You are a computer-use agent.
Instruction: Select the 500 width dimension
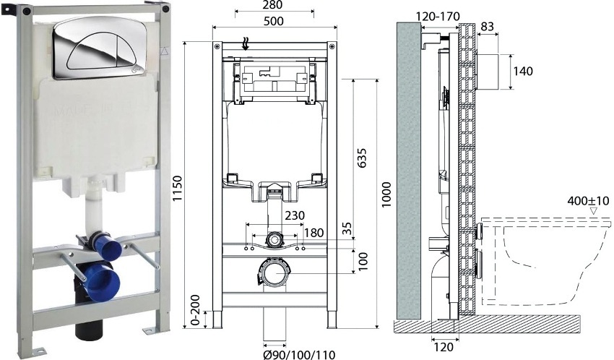[274, 20]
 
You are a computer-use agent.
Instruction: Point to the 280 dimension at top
[274, 7]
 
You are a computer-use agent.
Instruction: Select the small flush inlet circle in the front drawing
[274, 239]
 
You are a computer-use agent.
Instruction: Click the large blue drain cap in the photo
[98, 280]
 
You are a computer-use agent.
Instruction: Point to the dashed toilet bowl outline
[549, 260]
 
